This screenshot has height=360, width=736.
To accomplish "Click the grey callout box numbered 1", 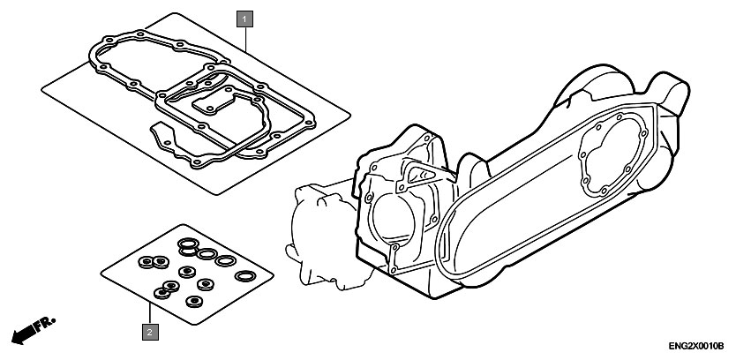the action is (244, 19).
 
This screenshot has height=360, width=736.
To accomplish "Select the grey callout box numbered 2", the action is (150, 333).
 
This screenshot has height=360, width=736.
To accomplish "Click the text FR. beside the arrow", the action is (45, 324).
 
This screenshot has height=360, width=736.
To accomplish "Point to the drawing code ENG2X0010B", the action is (696, 347).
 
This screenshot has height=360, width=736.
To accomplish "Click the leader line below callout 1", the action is (245, 39).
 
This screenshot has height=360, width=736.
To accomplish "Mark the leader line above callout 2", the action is (150, 314).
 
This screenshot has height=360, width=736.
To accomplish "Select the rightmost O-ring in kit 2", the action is (245, 276).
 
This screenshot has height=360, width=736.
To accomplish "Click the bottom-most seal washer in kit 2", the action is (194, 302).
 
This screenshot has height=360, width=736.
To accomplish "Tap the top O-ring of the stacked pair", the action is (188, 244).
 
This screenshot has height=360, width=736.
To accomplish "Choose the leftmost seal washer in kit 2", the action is (146, 261).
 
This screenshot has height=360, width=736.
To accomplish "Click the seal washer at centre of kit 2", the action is (187, 271).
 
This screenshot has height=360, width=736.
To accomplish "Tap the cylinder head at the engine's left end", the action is (324, 239).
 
